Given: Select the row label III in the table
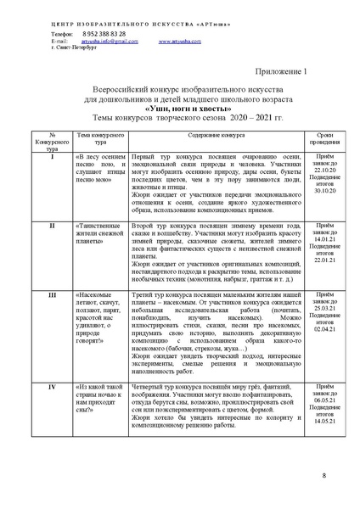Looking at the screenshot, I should tap(53, 317).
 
